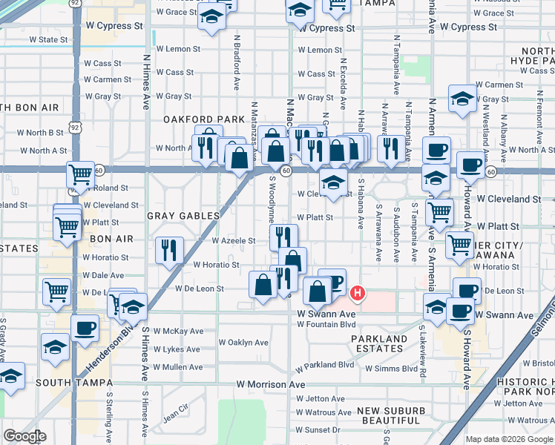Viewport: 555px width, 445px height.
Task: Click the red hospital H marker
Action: coord(358,294)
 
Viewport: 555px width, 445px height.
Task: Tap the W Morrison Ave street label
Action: coord(271,385)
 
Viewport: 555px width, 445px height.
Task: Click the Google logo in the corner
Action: coord(24,436)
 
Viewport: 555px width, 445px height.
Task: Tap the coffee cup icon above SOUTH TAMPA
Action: coord(84,327)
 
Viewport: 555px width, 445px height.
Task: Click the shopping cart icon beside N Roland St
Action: coord(80,175)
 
